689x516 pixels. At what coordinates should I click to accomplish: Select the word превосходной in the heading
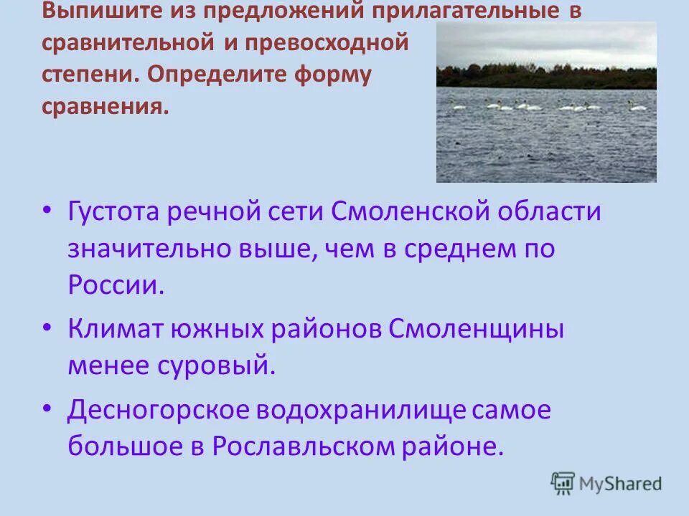[327, 42]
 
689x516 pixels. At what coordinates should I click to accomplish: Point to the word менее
[105, 365]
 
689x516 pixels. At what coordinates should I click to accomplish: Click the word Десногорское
[167, 411]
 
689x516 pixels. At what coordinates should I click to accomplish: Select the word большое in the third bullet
[123, 446]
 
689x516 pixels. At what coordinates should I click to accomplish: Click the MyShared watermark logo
[606, 484]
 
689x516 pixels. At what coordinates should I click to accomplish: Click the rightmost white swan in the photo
[636, 106]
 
